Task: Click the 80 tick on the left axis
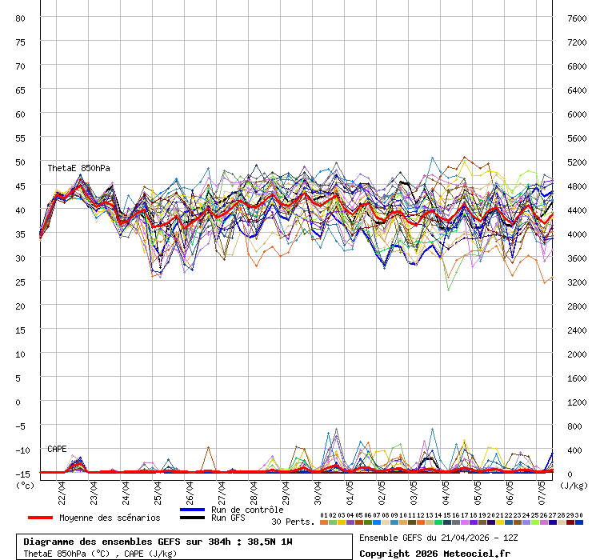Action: point(21,18)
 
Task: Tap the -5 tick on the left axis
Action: point(21,426)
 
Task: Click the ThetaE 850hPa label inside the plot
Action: point(78,168)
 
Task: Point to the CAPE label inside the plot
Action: point(57,449)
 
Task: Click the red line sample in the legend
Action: point(40,518)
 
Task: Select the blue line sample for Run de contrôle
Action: point(193,510)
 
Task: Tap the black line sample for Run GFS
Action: point(193,518)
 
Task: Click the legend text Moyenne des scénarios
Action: point(110,518)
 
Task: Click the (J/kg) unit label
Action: point(574,485)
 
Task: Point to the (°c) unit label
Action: point(26,485)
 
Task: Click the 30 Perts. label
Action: point(292,522)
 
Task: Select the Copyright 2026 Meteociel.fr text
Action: point(434,553)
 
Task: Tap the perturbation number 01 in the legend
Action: point(323,515)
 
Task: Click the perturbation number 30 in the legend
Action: point(578,515)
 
